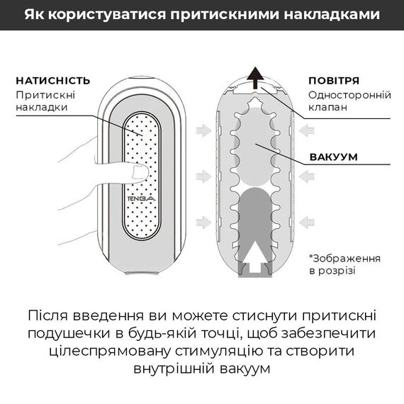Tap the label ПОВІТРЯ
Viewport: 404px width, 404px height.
pyautogui.click(x=334, y=80)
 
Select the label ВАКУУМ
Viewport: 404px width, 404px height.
pyautogui.click(x=332, y=157)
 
